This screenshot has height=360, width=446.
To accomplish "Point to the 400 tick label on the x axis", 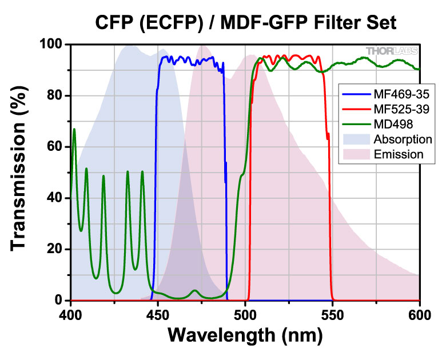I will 70,314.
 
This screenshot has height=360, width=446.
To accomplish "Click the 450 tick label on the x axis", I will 158,314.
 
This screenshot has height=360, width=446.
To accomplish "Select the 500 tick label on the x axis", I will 245,314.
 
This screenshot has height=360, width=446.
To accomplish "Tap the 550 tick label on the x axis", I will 333,314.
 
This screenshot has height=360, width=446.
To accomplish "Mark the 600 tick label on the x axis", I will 419,314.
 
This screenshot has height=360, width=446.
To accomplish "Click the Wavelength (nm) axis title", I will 245,337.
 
